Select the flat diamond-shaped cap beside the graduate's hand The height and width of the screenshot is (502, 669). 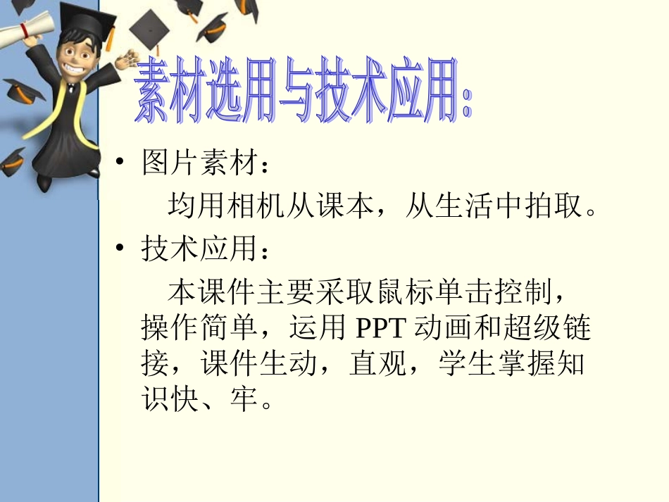pyautogui.click(x=149, y=29)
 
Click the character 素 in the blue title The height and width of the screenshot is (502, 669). pyautogui.click(x=155, y=92)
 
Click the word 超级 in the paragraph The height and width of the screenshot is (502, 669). pyautogui.click(x=527, y=328)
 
